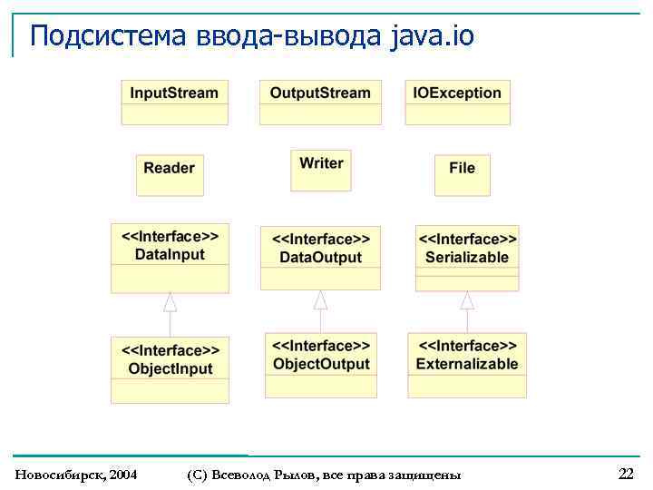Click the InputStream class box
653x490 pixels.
[x=174, y=102]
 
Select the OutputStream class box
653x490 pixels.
[x=320, y=102]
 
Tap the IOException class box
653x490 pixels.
[x=457, y=102]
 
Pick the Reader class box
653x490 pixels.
[x=169, y=175]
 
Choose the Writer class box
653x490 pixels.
[x=321, y=171]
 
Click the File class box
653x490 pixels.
[x=462, y=175]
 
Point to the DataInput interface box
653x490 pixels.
[x=170, y=258]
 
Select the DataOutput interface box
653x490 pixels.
[x=320, y=258]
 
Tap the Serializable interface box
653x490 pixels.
[x=467, y=258]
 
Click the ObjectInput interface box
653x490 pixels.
[x=170, y=369]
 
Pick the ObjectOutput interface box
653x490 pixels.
[x=321, y=366]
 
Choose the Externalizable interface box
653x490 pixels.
[x=467, y=366]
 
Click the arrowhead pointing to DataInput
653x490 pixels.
[x=170, y=303]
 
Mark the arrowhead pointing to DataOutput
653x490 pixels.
[x=320, y=299]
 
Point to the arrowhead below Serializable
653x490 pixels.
[x=467, y=300]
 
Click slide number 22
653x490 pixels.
[x=626, y=474]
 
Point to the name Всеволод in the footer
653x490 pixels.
[x=239, y=475]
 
